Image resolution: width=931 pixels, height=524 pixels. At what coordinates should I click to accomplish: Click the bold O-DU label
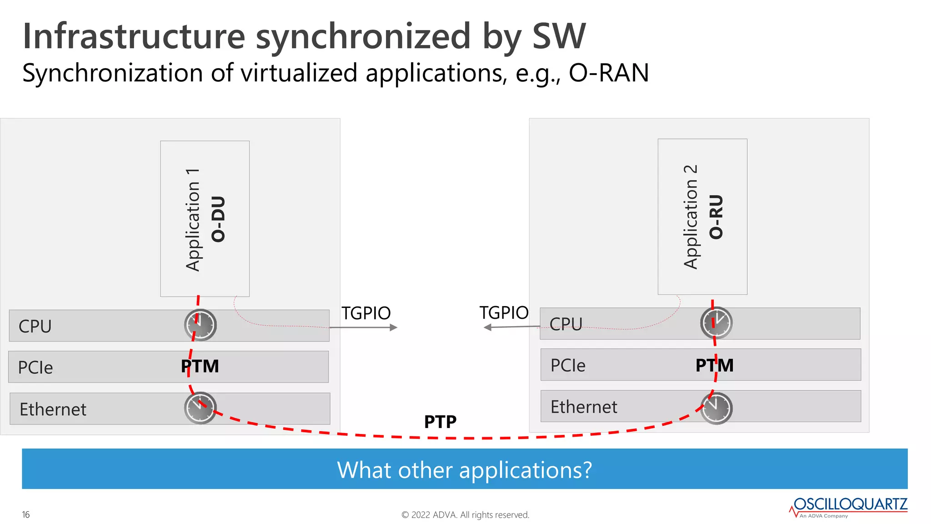click(x=218, y=219)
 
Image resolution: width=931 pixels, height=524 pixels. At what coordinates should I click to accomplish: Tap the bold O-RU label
click(x=716, y=217)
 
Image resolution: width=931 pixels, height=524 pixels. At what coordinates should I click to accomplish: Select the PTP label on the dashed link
click(x=440, y=422)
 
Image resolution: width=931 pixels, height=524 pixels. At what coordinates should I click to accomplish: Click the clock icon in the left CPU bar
click(x=200, y=325)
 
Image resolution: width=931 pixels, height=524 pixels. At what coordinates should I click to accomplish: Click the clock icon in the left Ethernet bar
click(x=200, y=408)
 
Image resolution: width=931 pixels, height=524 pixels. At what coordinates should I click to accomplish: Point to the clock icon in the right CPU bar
click(x=716, y=323)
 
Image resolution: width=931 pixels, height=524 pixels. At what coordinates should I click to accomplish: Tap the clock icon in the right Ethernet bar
click(x=716, y=408)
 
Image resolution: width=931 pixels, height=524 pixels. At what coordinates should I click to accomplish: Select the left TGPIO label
click(x=366, y=313)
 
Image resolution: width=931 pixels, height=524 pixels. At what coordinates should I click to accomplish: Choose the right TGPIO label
click(x=504, y=312)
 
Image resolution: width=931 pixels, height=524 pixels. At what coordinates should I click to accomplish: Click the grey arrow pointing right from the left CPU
click(x=364, y=327)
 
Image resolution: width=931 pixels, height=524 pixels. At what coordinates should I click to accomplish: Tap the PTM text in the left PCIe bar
click(x=200, y=366)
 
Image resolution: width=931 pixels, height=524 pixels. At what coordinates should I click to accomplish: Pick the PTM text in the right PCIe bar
click(x=715, y=365)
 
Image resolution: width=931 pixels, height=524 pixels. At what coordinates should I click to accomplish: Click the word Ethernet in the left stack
click(x=53, y=409)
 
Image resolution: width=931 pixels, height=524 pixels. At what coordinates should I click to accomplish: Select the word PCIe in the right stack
click(x=568, y=365)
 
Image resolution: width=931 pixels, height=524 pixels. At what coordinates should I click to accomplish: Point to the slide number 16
click(x=26, y=514)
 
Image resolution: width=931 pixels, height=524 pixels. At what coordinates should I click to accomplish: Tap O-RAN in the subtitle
click(x=609, y=73)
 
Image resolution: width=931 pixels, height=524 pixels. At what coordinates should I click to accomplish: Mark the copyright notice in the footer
click(x=465, y=515)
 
